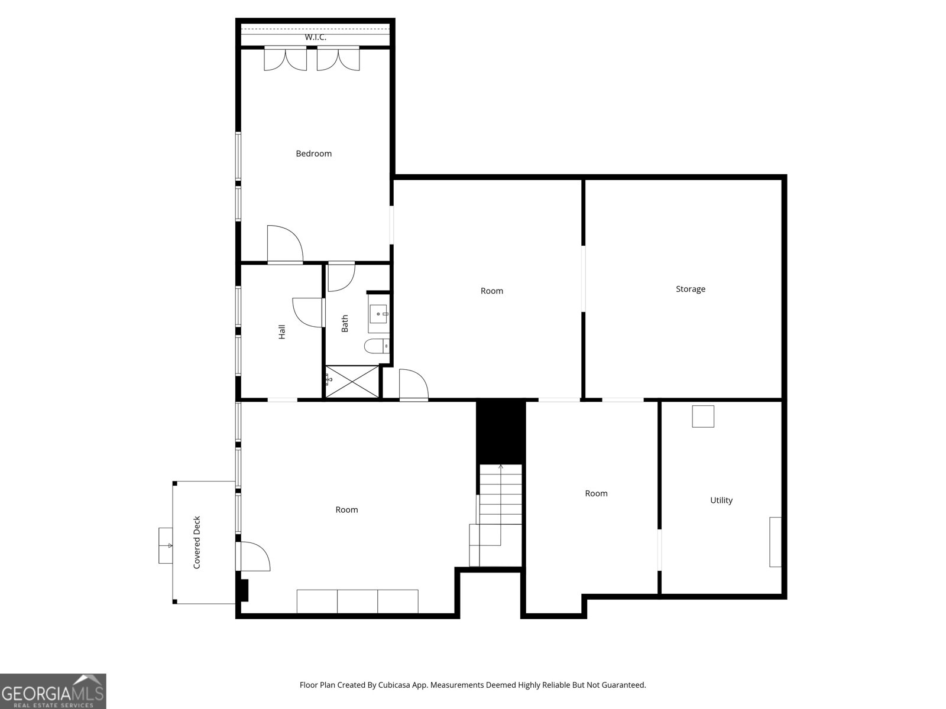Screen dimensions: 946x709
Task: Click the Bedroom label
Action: pyautogui.click(x=313, y=154)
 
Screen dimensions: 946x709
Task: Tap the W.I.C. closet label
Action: pyautogui.click(x=316, y=37)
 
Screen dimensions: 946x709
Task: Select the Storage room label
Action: pyautogui.click(x=691, y=290)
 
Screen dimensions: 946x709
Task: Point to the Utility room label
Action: pyautogui.click(x=721, y=500)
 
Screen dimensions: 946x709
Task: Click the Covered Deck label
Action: pyautogui.click(x=197, y=542)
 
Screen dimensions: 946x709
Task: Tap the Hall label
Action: pyautogui.click(x=282, y=332)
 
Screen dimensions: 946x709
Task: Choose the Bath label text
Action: pyautogui.click(x=345, y=323)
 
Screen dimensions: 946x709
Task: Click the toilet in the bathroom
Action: pyautogui.click(x=377, y=346)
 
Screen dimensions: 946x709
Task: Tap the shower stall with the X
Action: pyautogui.click(x=352, y=382)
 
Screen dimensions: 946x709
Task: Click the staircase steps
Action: pyautogui.click(x=495, y=515)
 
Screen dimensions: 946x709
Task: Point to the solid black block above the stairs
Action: pyautogui.click(x=501, y=432)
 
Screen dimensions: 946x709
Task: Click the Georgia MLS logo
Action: pyautogui.click(x=53, y=691)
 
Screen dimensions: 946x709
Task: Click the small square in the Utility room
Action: pyautogui.click(x=703, y=417)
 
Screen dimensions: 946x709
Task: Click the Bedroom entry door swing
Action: pyautogui.click(x=285, y=243)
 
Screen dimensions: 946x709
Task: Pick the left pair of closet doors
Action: pyautogui.click(x=286, y=58)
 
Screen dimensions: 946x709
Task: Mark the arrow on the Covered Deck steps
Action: pyautogui.click(x=166, y=546)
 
